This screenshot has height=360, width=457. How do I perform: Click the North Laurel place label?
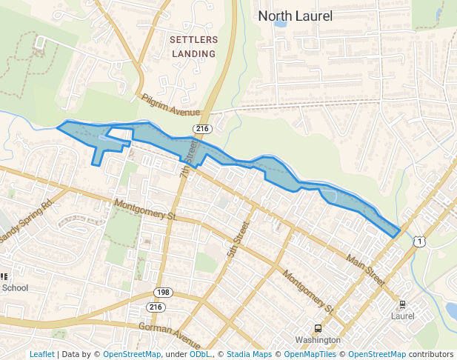[295, 16]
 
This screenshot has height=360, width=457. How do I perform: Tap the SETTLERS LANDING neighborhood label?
[193, 46]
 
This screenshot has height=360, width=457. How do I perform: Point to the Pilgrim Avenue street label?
[171, 104]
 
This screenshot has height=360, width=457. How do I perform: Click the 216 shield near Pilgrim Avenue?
[201, 129]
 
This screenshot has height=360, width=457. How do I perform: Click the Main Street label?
[366, 270]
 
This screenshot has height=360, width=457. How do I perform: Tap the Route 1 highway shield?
[420, 241]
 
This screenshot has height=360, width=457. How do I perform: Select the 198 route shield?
[163, 293]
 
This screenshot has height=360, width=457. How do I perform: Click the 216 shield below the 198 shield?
[156, 307]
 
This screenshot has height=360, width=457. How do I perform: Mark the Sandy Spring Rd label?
[27, 220]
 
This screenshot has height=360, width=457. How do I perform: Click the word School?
[15, 288]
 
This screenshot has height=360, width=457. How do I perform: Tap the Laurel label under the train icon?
[402, 316]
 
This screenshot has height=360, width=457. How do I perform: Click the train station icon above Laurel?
[402, 304]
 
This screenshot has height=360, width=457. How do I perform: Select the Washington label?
[317, 340]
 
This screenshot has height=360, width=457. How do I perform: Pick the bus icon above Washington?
[318, 328]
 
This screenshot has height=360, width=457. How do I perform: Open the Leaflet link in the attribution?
[41, 354]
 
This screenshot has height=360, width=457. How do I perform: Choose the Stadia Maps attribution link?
[249, 354]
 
